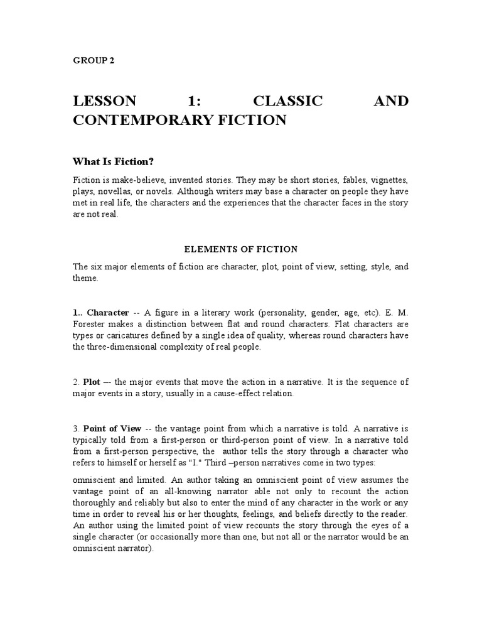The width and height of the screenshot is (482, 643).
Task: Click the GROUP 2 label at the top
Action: [x=94, y=61]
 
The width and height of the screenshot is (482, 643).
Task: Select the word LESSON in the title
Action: [x=104, y=101]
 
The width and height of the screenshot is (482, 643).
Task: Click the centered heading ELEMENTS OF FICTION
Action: [x=241, y=249]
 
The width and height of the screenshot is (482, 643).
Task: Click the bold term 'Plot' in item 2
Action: [x=92, y=382]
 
